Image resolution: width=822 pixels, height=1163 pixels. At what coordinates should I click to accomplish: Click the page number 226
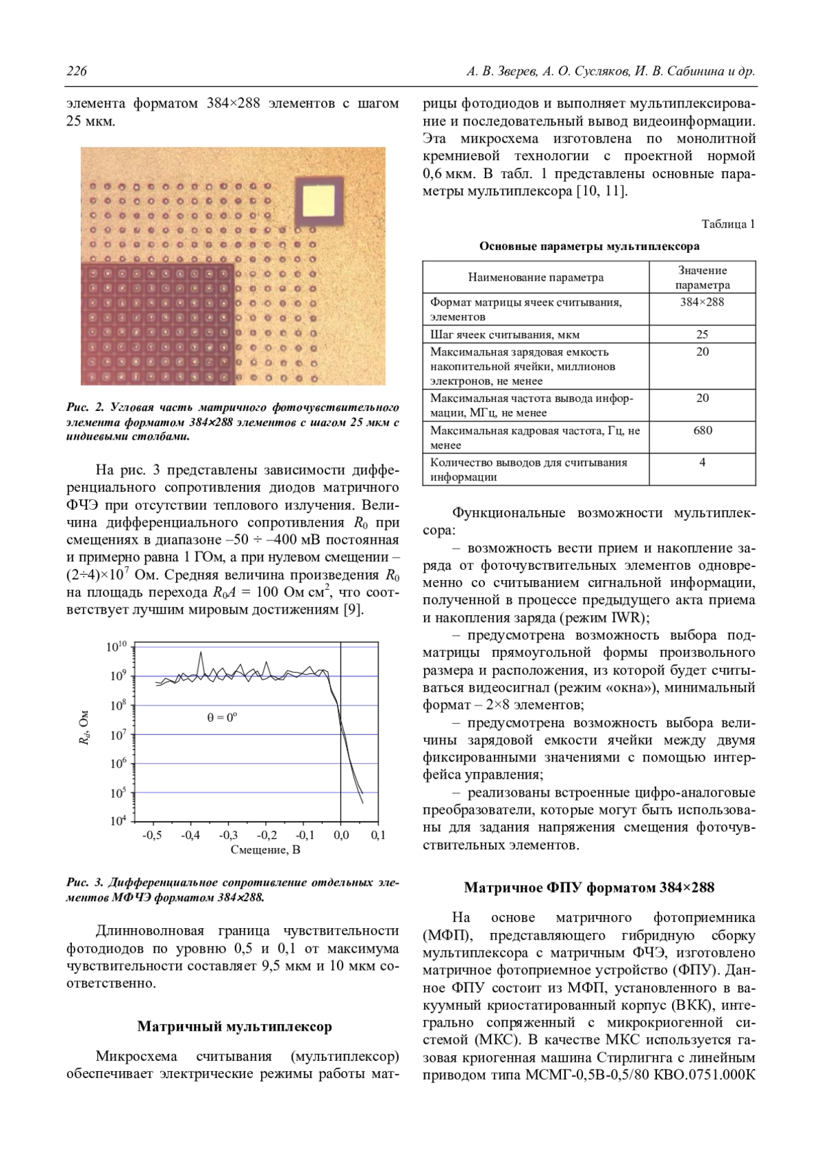point(77,71)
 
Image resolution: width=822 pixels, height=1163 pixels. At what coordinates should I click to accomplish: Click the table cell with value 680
point(702,431)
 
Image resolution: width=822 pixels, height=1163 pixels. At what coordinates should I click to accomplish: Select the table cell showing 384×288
point(702,302)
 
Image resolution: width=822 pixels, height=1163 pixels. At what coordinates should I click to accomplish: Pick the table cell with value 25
point(702,334)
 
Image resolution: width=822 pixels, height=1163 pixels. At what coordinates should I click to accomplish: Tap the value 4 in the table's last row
point(702,462)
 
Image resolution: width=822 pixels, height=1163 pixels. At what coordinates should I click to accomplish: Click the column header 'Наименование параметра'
point(536,277)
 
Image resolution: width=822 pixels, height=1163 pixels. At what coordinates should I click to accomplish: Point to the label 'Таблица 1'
point(727,224)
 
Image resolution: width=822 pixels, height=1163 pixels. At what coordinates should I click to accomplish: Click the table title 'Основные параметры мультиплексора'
point(589,246)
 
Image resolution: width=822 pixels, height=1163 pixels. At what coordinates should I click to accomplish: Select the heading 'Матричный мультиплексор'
point(234,1026)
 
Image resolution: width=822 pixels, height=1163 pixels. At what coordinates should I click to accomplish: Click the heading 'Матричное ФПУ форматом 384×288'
point(589,888)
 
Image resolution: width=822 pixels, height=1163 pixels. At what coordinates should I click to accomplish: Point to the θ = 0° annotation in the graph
point(222,717)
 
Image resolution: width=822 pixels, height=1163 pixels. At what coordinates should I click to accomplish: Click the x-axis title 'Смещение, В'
point(265,850)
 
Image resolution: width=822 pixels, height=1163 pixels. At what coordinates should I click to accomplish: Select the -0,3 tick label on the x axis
point(228,836)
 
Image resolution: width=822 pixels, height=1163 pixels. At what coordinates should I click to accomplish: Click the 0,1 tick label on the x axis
point(378,836)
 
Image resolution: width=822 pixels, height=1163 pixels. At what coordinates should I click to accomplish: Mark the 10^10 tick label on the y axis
point(117,647)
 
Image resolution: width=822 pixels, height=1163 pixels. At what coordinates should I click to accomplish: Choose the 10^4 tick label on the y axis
point(119,821)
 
